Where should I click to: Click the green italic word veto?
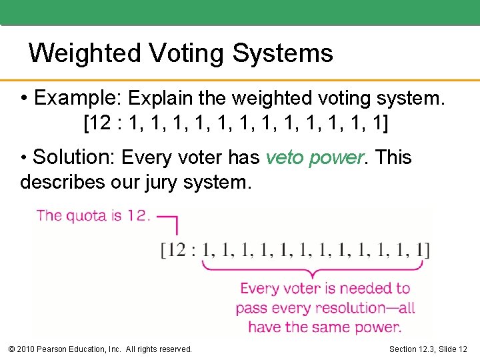point(283,158)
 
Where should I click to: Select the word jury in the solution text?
point(158,181)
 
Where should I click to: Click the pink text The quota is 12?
point(94,215)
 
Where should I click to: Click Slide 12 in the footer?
point(453,349)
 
